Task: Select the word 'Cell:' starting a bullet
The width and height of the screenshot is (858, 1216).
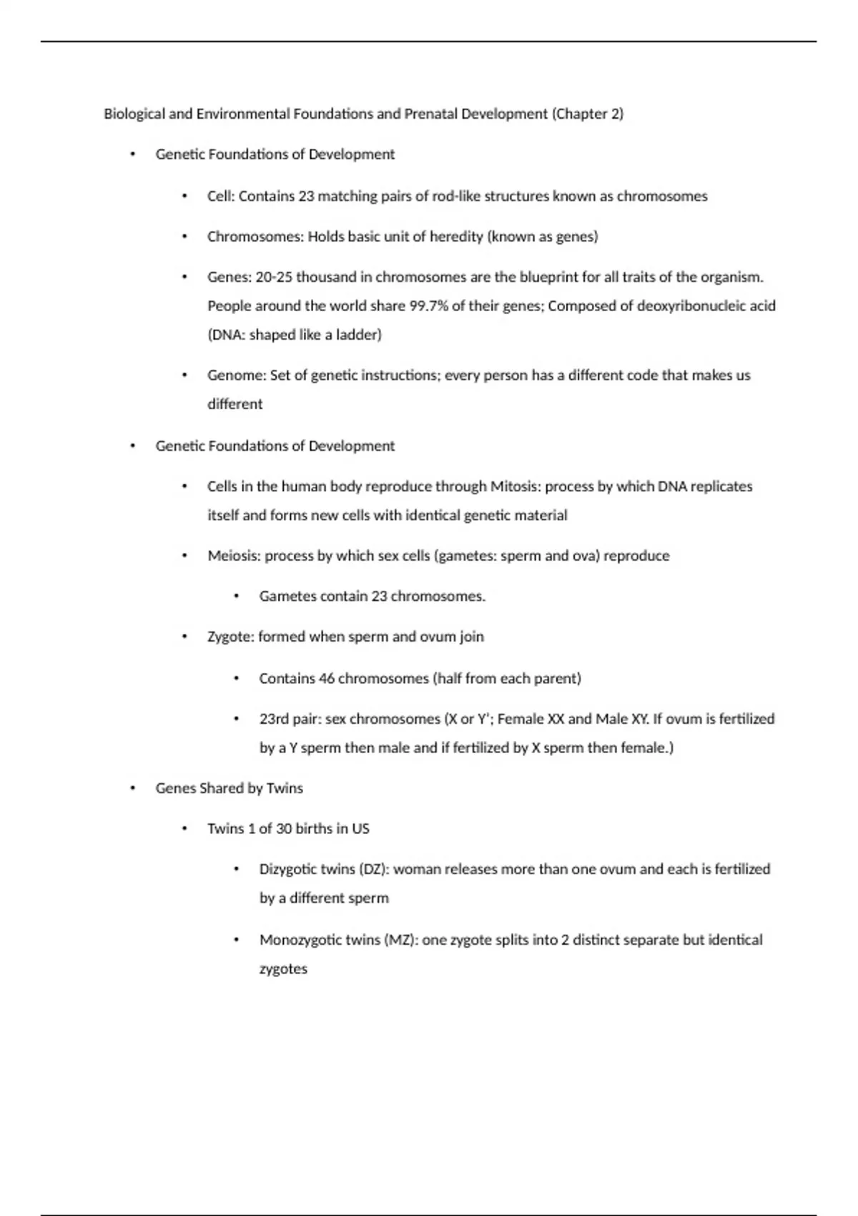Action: (x=221, y=197)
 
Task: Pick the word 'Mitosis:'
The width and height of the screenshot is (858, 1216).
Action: (x=516, y=486)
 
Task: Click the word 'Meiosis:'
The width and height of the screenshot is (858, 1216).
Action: (x=234, y=556)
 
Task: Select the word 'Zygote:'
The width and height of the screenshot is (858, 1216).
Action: (x=230, y=637)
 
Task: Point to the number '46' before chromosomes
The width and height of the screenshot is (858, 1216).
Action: (x=327, y=678)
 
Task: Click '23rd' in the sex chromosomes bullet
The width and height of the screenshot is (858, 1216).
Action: (x=276, y=719)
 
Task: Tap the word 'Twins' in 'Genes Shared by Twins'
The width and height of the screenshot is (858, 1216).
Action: (x=285, y=788)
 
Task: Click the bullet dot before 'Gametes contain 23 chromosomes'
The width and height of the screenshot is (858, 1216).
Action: (x=236, y=597)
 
